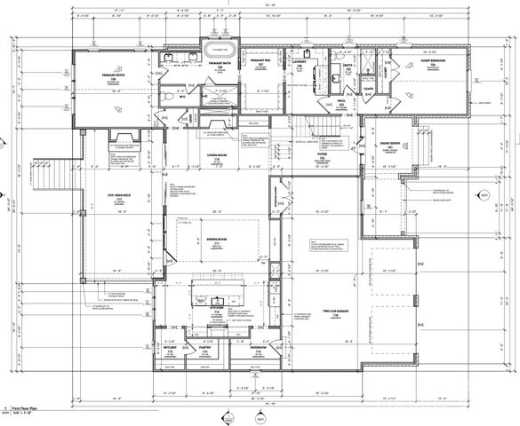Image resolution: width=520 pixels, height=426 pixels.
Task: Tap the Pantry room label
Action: pyautogui.click(x=204, y=349)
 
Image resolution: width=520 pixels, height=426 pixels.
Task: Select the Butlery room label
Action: pyautogui.click(x=170, y=349)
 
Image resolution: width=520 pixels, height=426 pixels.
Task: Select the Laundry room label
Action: pyautogui.click(x=299, y=65)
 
